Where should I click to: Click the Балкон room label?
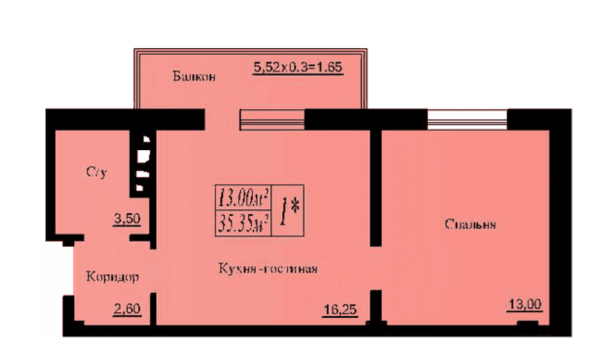pyautogui.click(x=194, y=77)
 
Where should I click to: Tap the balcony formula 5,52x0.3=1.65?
pyautogui.click(x=298, y=67)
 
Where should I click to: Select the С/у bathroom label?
pyautogui.click(x=97, y=172)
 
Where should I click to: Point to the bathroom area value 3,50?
pyautogui.click(x=127, y=219)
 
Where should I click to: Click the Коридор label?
pyautogui.click(x=112, y=276)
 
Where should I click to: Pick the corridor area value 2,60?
pyautogui.click(x=127, y=309)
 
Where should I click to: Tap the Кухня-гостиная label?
pyautogui.click(x=268, y=268)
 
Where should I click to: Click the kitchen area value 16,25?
pyautogui.click(x=340, y=309)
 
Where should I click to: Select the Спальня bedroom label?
pyautogui.click(x=470, y=224)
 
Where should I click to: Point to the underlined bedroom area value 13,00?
pyautogui.click(x=524, y=305)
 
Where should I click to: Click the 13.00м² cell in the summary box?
pyautogui.click(x=243, y=198)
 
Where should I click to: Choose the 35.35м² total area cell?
pyautogui.click(x=243, y=223)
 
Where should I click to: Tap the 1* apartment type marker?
pyautogui.click(x=288, y=210)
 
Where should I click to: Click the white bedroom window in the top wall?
pyautogui.click(x=467, y=119)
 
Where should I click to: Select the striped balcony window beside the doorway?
pyautogui.click(x=272, y=119)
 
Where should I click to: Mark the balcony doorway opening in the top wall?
pyautogui.click(x=223, y=119)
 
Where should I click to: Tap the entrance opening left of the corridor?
pyautogui.click(x=59, y=271)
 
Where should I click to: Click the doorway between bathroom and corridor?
pyautogui.click(x=107, y=238)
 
